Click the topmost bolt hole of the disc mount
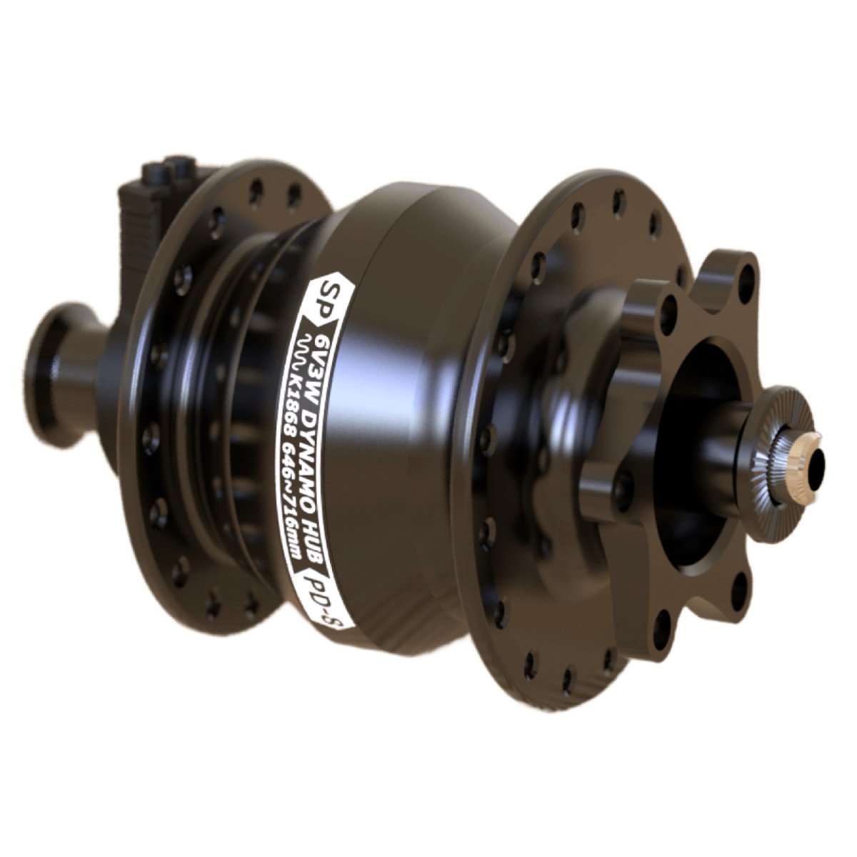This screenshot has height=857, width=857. [x=745, y=279]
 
